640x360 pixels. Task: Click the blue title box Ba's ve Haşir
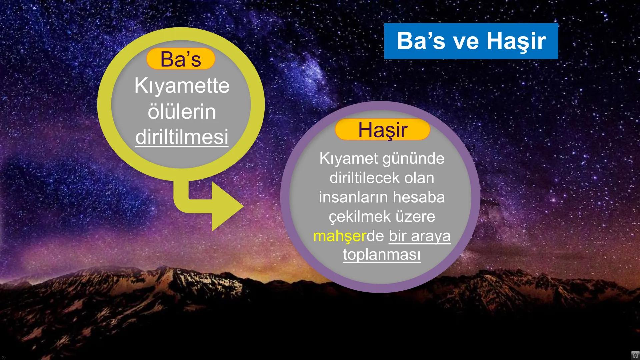pyautogui.click(x=471, y=41)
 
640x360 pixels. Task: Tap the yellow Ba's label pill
pyautogui.click(x=181, y=59)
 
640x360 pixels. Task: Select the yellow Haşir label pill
pyautogui.click(x=382, y=130)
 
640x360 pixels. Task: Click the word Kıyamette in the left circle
pyautogui.click(x=182, y=86)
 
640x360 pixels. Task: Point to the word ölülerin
pyautogui.click(x=182, y=112)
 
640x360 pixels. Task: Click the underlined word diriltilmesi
pyautogui.click(x=182, y=137)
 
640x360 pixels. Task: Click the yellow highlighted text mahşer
pyautogui.click(x=339, y=236)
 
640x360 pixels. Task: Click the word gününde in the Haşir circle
pyautogui.click(x=413, y=159)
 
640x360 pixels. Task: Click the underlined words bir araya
pyautogui.click(x=419, y=236)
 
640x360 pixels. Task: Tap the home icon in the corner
pyautogui.click(x=635, y=355)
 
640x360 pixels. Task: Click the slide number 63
pyautogui.click(x=4, y=357)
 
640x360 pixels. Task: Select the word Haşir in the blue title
pyautogui.click(x=516, y=41)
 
